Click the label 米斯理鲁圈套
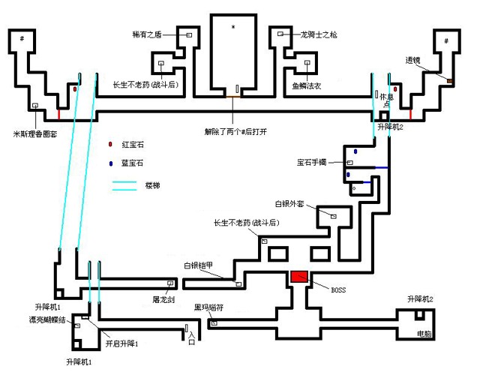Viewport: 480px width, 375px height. tap(37, 134)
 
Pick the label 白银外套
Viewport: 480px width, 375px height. tap(291, 204)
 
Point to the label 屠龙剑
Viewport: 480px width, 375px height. tap(163, 299)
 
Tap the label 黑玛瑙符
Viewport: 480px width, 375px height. tap(209, 307)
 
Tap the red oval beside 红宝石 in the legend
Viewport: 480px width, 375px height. tap(109, 143)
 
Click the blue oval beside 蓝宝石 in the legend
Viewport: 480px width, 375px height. tap(109, 163)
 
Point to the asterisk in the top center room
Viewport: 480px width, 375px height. tap(233, 28)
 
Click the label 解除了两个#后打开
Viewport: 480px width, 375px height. tap(235, 129)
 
